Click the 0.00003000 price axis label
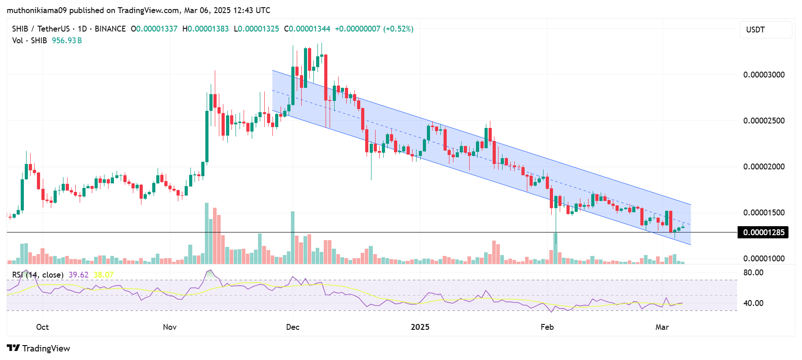764,75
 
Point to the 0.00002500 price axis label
764,121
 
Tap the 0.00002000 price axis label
764,167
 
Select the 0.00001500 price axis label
764,213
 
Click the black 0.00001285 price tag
763,232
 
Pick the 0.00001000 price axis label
764,259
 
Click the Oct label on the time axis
42,327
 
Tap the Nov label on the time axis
170,327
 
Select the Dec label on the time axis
293,327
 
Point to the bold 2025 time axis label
420,327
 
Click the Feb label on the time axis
547,327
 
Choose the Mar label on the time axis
662,327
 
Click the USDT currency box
766,30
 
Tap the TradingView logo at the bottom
39,348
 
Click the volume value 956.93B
67,41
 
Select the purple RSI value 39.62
79,275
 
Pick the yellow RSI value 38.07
104,275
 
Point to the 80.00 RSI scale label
753,273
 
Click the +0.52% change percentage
398,29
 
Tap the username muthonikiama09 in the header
36,10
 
